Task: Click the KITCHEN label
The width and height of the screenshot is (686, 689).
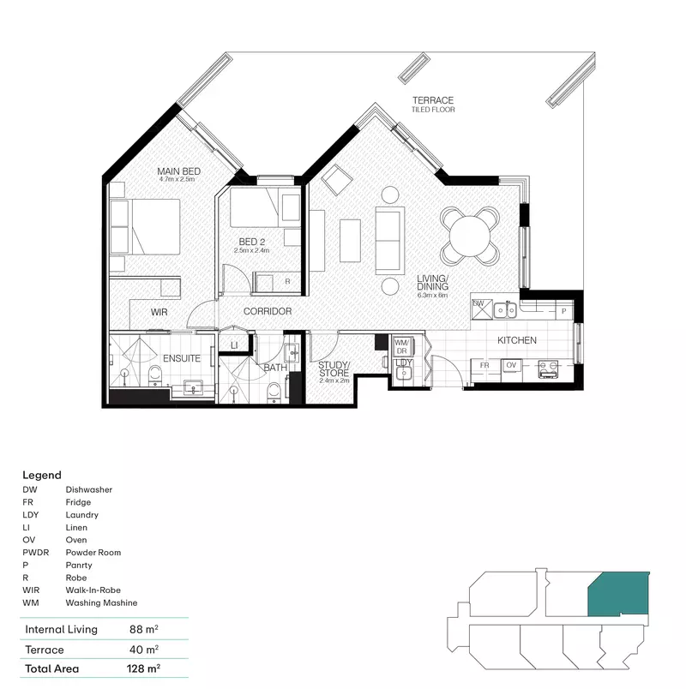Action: [x=517, y=340]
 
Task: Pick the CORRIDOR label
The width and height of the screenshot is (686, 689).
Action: [x=267, y=311]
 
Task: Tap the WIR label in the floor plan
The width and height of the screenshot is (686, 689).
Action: [x=159, y=312]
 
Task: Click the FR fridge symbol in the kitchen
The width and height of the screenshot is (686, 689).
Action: [x=484, y=365]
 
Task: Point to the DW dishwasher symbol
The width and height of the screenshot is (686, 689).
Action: [x=478, y=304]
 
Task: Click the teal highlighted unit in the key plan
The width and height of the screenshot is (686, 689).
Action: [x=617, y=593]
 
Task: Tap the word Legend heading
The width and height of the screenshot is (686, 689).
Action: [x=42, y=475]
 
